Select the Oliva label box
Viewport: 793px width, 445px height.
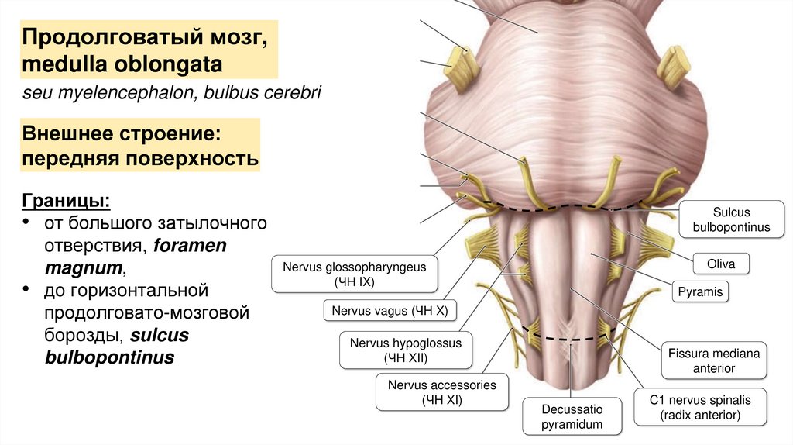pos(720,264)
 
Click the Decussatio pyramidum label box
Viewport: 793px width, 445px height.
pos(561,417)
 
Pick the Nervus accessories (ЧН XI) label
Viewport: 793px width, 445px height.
pos(441,392)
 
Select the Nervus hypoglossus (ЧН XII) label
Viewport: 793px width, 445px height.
pos(405,350)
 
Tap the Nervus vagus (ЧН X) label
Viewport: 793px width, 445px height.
pos(390,312)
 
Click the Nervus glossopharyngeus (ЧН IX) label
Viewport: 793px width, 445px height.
pos(354,274)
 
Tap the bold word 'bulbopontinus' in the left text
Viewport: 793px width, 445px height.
pos(108,358)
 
